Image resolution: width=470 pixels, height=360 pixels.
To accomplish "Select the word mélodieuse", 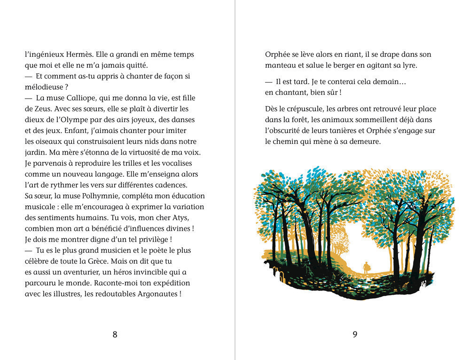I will click(44, 87).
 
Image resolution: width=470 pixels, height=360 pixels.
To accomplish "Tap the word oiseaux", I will click(44, 141).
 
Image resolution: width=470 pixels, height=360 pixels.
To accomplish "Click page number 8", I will click(115, 335).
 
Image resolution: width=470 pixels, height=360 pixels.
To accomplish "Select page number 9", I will click(355, 335).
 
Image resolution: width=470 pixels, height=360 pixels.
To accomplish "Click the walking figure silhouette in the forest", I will click(367, 267).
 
